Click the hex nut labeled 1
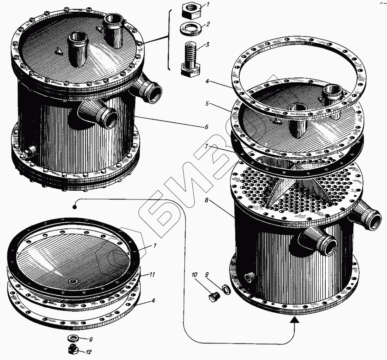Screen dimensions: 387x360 pos(191,11)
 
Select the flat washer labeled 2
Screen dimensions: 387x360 pos(191,29)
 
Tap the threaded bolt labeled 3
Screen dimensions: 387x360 pos(190,60)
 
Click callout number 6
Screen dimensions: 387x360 pos(206,127)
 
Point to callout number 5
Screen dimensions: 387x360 pos(207,104)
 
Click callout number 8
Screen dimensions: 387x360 pos(206,199)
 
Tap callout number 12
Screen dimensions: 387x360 pos(89,352)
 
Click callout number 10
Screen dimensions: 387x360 pos(194,274)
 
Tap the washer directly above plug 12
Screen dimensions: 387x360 pos(73,337)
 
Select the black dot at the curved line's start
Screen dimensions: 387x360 pos(74,207)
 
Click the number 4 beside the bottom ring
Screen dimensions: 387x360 pos(153,301)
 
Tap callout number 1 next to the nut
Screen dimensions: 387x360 pos(208,5)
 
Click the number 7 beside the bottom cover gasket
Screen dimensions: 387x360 pos(155,246)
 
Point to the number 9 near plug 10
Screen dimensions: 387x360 pos(207,274)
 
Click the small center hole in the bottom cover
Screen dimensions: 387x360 pos(73,282)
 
